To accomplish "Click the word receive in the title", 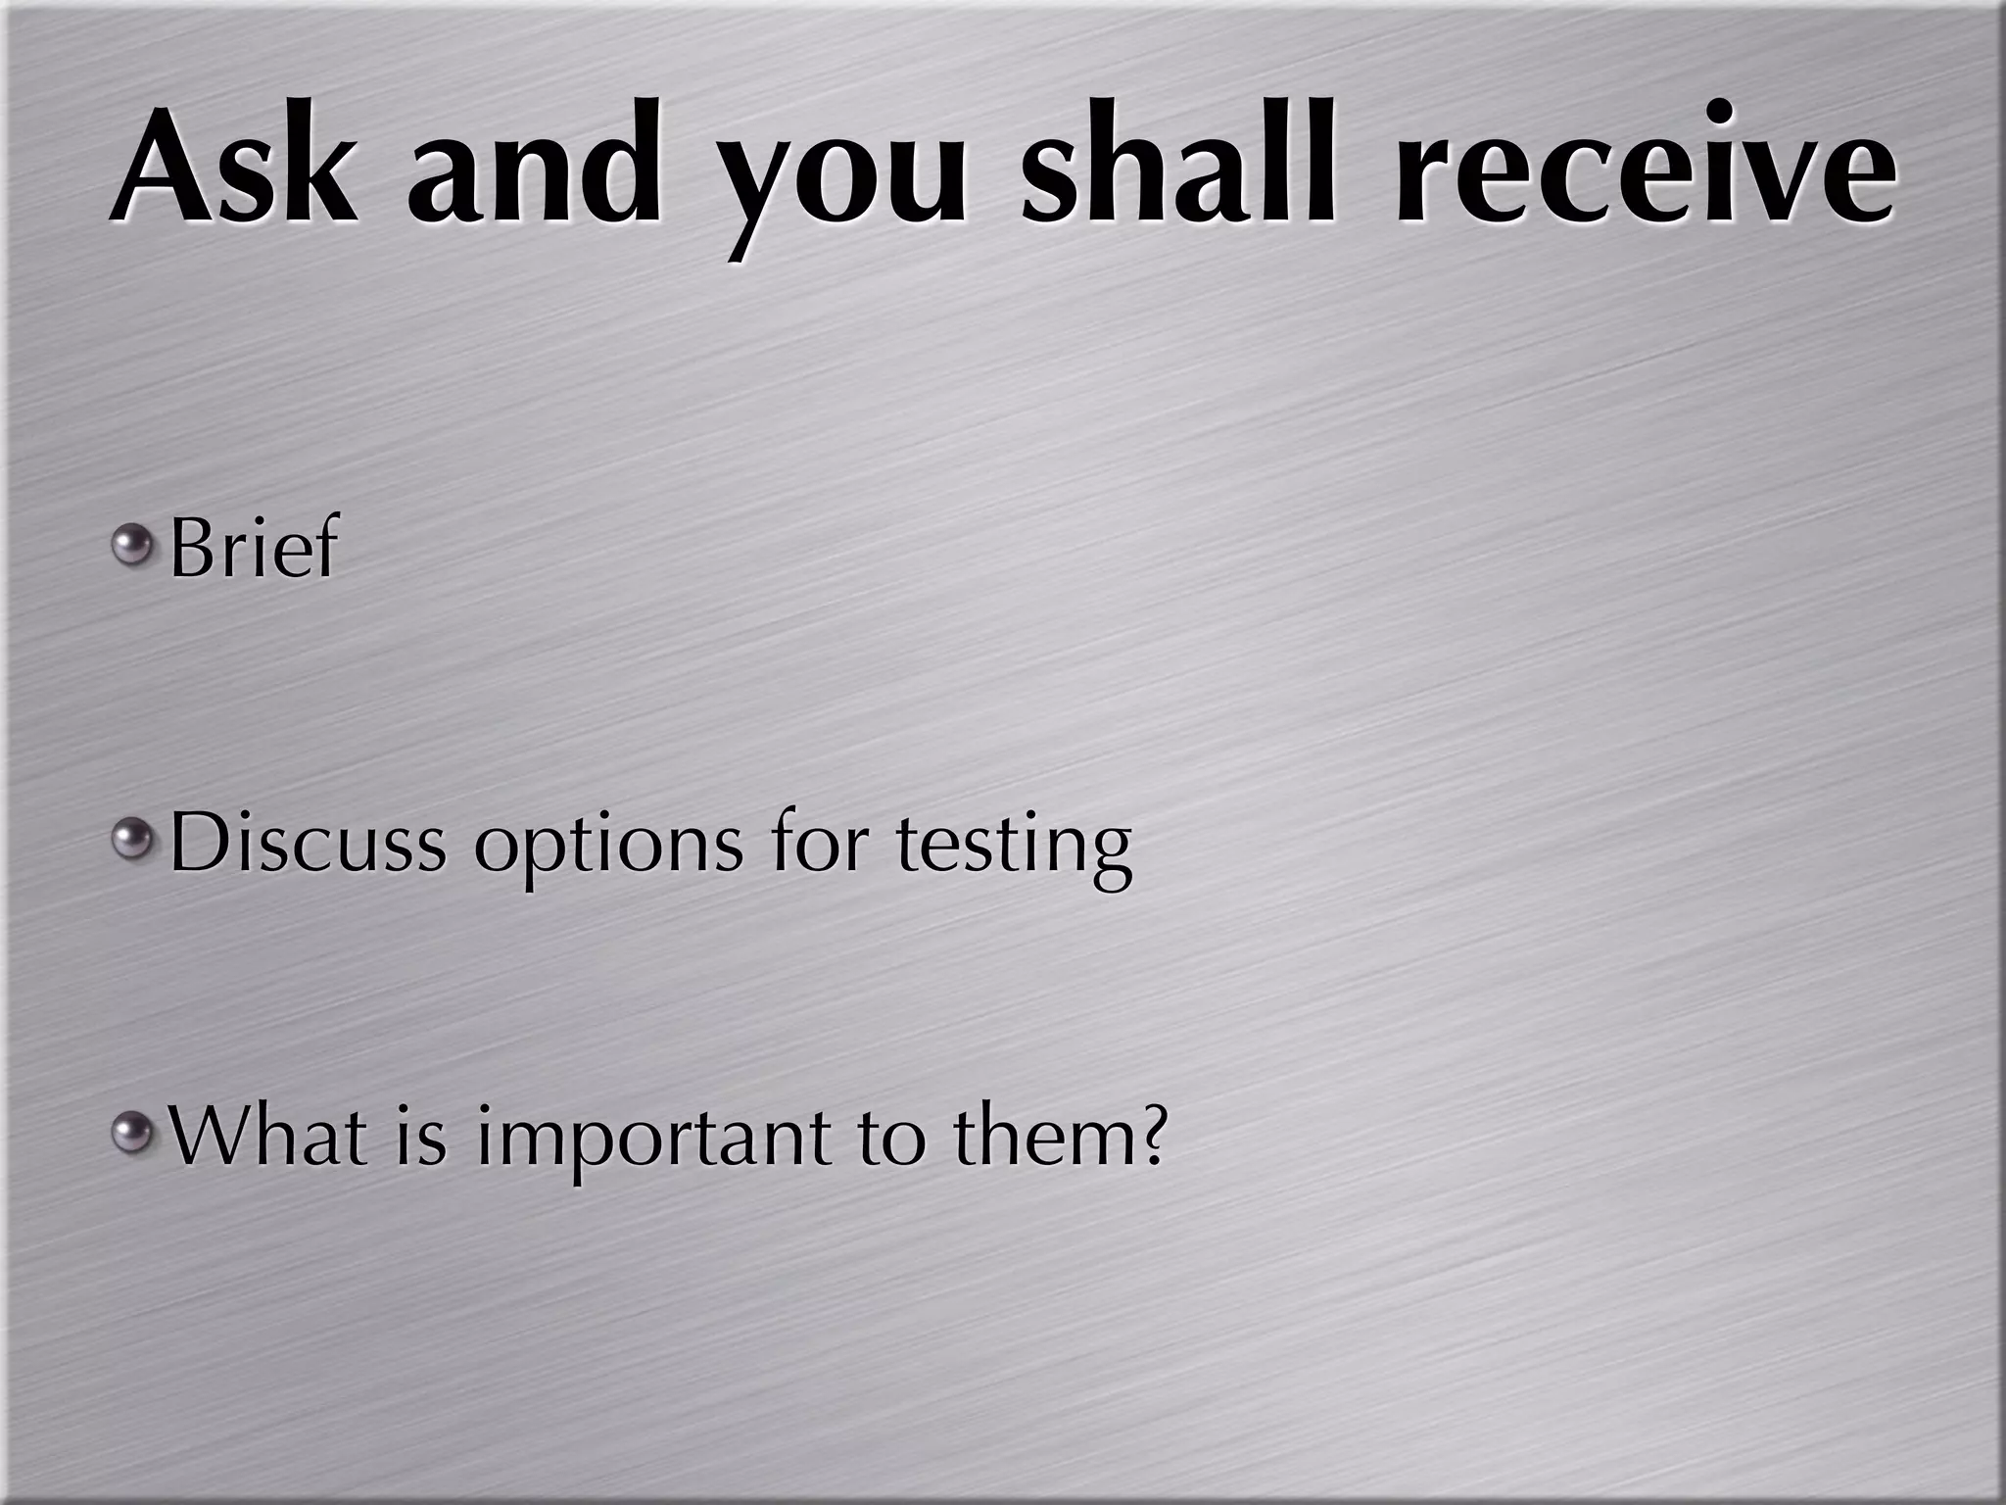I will pos(1646,167).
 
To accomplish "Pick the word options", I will pos(607,849).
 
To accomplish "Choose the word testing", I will pos(1014,847).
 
